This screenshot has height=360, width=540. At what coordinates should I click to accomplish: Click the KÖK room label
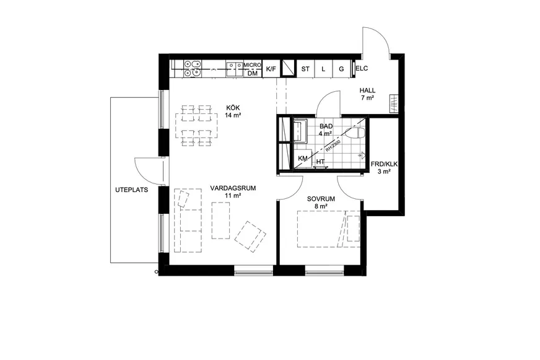tap(233, 108)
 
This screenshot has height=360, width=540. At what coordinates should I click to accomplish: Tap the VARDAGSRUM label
tap(233, 188)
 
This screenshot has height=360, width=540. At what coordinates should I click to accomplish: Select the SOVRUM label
tap(321, 199)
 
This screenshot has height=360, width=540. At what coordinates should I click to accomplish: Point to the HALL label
tap(367, 90)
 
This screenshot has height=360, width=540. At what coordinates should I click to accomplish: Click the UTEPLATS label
tap(131, 190)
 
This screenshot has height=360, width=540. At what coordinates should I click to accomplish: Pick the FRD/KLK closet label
tap(384, 164)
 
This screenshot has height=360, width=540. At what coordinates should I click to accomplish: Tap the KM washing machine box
tap(302, 159)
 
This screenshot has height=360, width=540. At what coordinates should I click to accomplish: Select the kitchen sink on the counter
tap(235, 69)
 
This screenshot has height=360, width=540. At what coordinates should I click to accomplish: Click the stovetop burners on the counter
tap(192, 68)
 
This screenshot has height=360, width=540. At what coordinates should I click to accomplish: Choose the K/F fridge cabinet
tap(271, 69)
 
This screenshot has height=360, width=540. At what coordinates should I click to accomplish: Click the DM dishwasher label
tap(253, 73)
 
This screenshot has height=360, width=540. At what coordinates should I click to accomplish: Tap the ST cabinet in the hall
tap(305, 69)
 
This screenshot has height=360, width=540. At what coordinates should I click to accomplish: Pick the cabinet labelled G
tap(341, 69)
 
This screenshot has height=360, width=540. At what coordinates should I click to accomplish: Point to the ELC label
tap(362, 68)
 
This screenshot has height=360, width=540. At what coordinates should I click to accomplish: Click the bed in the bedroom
tap(329, 229)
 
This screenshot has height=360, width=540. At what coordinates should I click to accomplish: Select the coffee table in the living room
tap(220, 221)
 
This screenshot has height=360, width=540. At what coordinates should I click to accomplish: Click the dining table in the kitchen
tap(196, 125)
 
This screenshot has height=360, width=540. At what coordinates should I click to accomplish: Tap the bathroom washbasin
tap(300, 131)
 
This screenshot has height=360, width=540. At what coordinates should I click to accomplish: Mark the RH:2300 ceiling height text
tap(333, 146)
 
